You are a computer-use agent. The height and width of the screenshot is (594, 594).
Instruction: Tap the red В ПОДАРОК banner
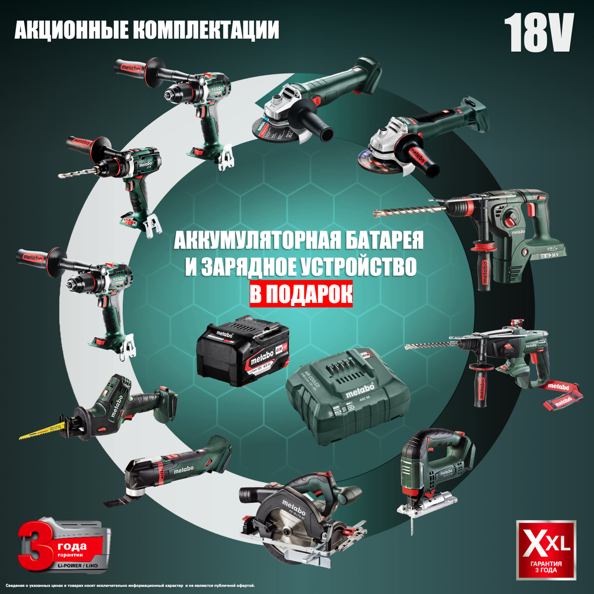301,295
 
